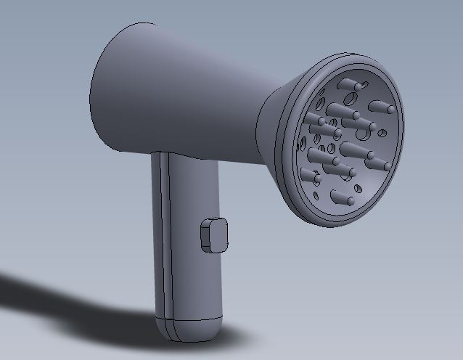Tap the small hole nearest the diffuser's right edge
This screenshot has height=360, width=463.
click(382, 134)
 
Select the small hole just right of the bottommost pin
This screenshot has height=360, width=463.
click(351, 201)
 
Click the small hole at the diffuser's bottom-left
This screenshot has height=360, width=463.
click(318, 195)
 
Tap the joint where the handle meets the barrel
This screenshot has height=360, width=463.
click(185, 156)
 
